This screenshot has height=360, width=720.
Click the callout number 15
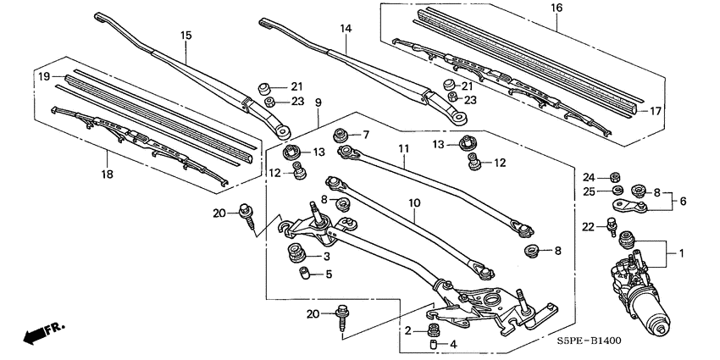tap(186, 36)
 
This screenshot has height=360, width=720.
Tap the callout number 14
tap(346, 28)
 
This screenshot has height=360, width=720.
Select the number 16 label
tap(557, 8)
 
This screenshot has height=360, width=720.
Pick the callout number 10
tap(415, 203)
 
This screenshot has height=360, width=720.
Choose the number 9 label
tap(318, 102)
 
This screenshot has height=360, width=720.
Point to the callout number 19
tap(40, 75)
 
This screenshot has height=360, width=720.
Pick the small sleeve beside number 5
tap(301, 274)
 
